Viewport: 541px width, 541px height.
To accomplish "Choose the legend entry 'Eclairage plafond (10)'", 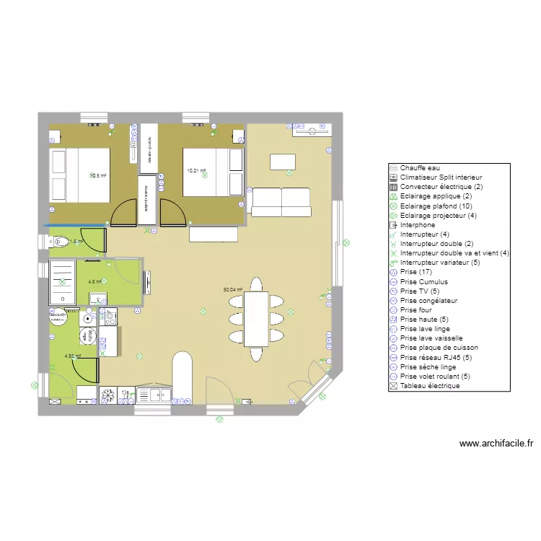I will click(x=434, y=206).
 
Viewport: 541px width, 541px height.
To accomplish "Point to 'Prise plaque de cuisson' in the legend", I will click(x=439, y=348).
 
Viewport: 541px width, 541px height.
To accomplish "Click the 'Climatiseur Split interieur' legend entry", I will click(x=441, y=177).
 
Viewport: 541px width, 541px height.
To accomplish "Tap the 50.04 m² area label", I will click(x=232, y=289).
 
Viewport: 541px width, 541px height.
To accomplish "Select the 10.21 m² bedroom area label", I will click(x=196, y=171).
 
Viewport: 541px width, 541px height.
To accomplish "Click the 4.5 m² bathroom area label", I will click(x=94, y=282).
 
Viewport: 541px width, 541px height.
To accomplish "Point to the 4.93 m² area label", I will click(x=73, y=356).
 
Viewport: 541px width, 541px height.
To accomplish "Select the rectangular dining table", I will click(x=256, y=319).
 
